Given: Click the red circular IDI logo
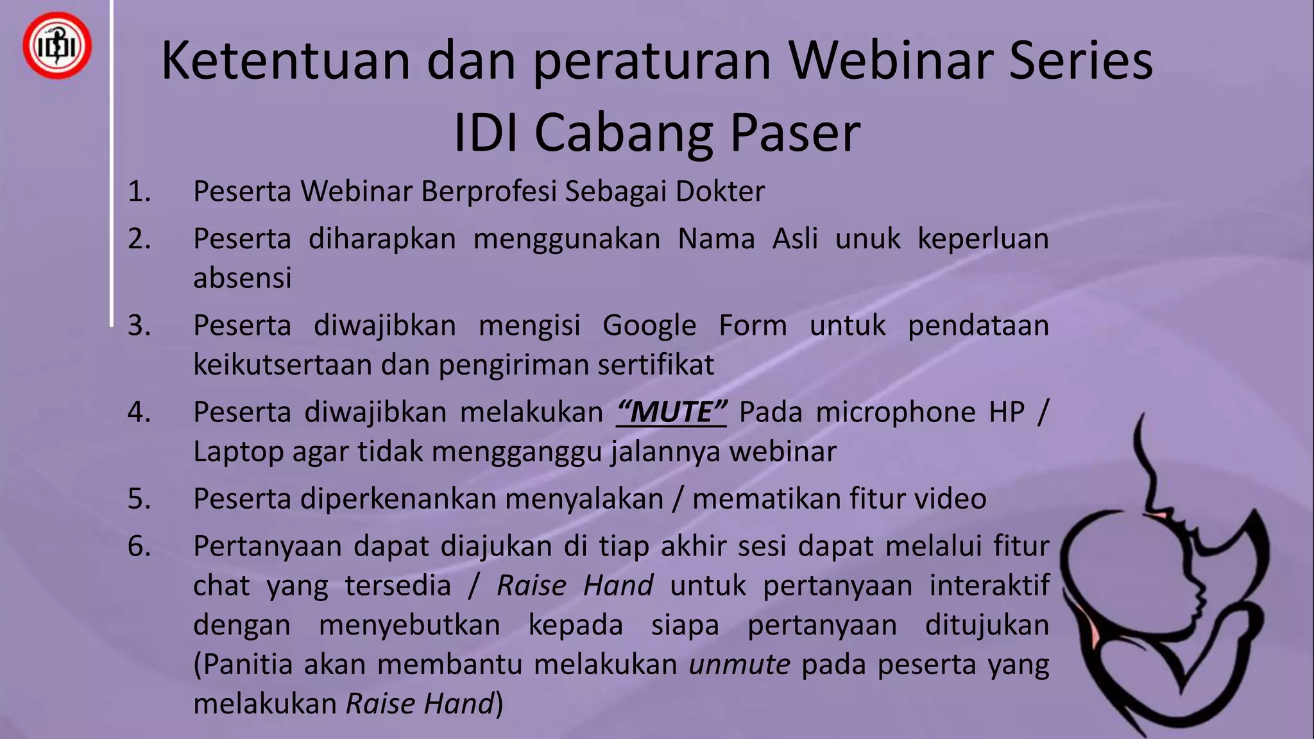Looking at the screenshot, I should coord(57,46).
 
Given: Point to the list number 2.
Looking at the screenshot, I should coord(139,239).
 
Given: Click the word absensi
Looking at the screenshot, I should coord(243,278).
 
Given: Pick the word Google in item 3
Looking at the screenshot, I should coord(649,325).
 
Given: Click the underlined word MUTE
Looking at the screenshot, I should coord(671,412).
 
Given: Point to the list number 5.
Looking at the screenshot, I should coord(139,499).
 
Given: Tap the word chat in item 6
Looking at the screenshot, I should coord(221,586).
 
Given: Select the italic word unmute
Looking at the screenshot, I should coord(739,665).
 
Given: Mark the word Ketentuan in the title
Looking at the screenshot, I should coord(286,61).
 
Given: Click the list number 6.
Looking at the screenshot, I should coord(139,547).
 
